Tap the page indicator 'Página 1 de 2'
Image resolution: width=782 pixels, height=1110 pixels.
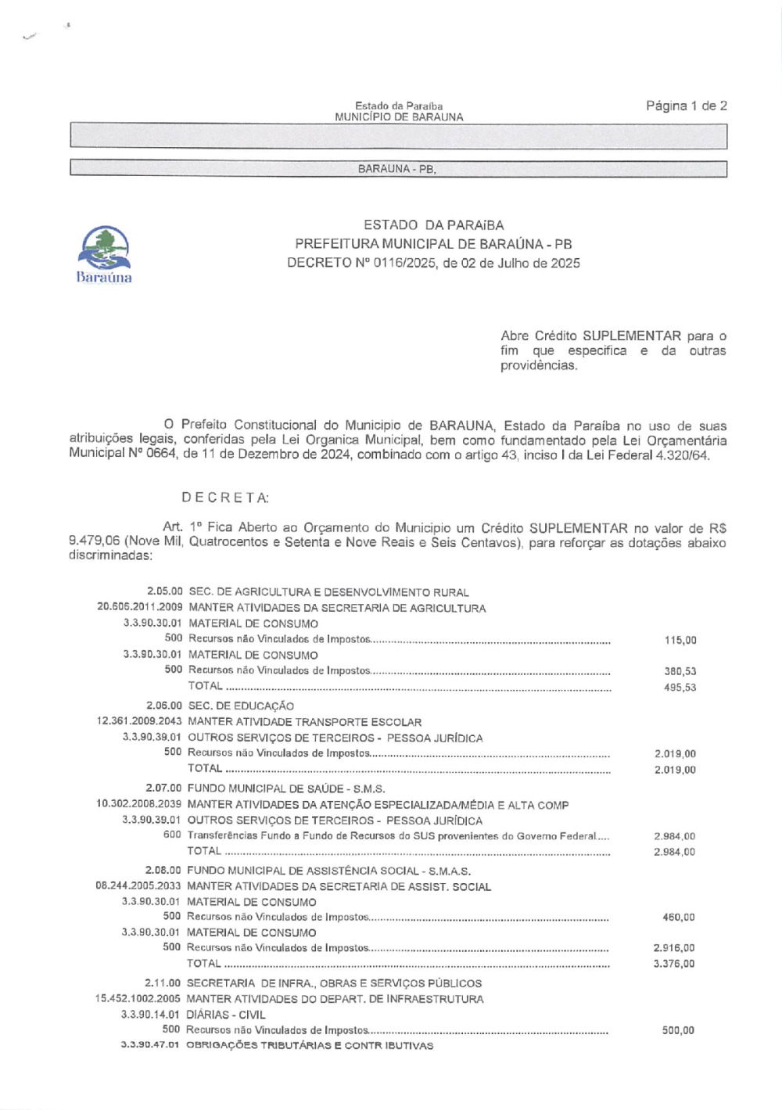tap(686, 106)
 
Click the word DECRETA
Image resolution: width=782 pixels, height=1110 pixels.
tap(225, 498)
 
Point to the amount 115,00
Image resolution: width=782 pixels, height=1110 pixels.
tap(680, 640)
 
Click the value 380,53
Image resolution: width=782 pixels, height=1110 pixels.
tap(680, 671)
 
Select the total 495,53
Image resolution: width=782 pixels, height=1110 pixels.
tap(680, 688)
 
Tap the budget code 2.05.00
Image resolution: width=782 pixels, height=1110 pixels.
tap(164, 592)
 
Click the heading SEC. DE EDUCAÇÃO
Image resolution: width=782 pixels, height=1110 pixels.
tap(241, 706)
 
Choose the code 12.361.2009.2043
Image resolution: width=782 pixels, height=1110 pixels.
tap(139, 721)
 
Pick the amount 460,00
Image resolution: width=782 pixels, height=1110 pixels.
tap(678, 917)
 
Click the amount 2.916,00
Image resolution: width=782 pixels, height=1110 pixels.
tap(674, 948)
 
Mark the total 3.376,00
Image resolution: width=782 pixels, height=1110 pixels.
tap(674, 964)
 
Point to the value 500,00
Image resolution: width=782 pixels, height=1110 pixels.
tap(678, 1030)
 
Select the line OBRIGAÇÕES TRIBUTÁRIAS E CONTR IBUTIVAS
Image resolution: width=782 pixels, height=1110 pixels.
tap(309, 1046)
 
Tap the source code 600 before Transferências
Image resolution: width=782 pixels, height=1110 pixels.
tap(172, 835)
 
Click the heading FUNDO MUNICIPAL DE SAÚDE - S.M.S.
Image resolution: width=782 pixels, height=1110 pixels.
tap(286, 788)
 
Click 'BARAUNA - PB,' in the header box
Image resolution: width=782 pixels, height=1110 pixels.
tap(397, 169)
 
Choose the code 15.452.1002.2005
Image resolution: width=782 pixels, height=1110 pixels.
tap(138, 999)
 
